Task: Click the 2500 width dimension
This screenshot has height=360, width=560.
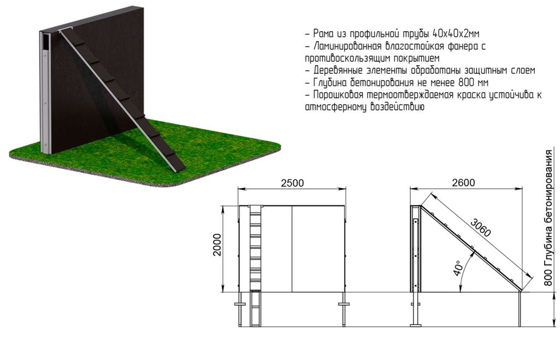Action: [292, 183]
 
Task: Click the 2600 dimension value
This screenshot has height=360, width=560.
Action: [464, 183]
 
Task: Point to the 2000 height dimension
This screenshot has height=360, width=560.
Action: [217, 245]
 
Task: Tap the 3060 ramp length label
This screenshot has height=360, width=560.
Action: [481, 228]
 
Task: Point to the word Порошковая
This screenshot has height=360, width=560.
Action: [338, 95]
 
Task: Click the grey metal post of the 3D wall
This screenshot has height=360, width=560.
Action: [45, 93]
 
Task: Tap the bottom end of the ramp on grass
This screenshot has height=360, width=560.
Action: [179, 168]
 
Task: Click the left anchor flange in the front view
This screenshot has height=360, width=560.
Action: [240, 304]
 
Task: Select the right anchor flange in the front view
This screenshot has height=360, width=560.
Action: [344, 304]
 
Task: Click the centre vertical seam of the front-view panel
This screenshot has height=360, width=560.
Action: [292, 249]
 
